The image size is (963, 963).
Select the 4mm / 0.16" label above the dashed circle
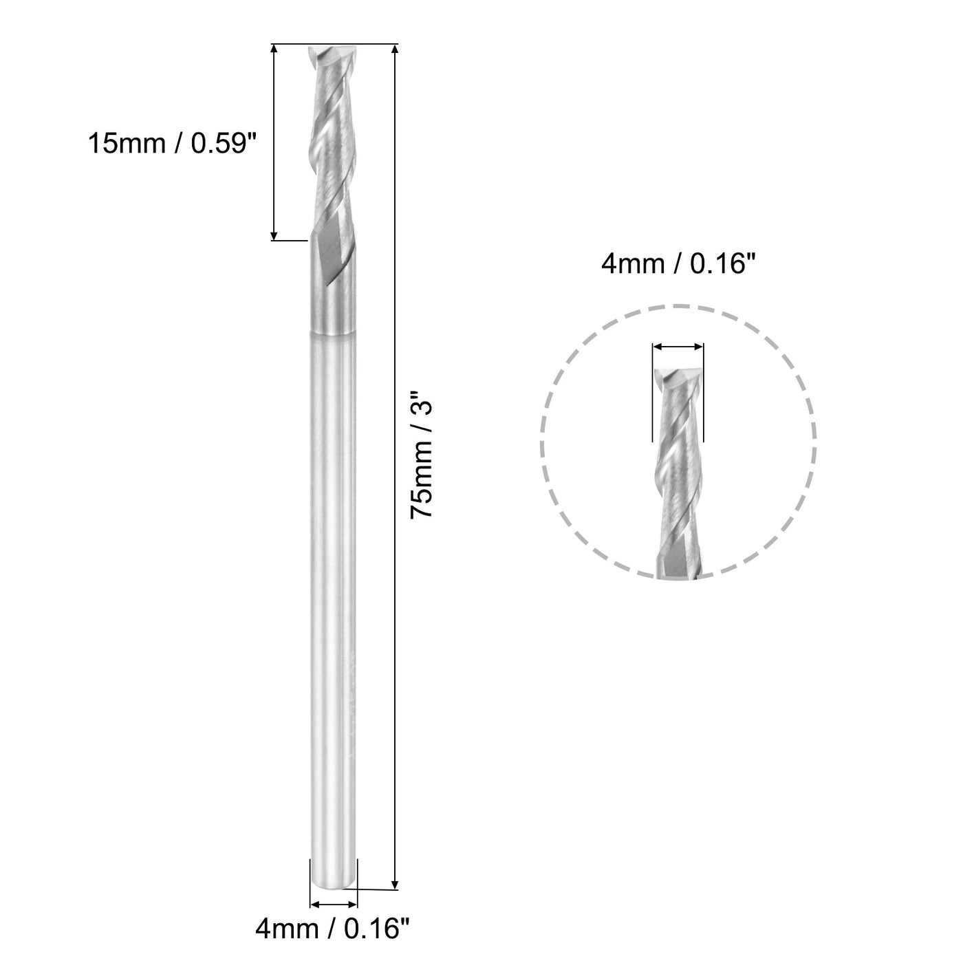point(674,264)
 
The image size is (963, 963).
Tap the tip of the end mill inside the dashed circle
point(678,375)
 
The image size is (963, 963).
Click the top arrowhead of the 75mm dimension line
point(395,50)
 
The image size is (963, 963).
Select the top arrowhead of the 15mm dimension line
point(274,50)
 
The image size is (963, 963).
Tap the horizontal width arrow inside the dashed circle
point(678,347)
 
